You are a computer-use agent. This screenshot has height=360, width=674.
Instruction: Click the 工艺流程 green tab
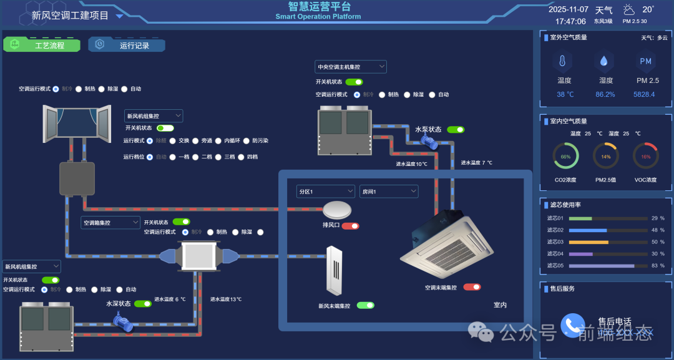coord(42,45)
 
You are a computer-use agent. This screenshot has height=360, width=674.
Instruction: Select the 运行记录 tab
coord(127,45)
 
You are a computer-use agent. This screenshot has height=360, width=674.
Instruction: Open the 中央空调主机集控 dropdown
coord(351,67)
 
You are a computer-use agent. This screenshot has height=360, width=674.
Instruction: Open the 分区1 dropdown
coord(326,192)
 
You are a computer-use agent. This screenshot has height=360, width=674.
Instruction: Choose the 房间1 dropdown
coord(388,192)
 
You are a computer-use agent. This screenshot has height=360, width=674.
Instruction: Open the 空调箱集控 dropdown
coord(110,223)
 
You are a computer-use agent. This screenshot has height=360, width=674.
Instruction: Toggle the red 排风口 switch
coord(350,226)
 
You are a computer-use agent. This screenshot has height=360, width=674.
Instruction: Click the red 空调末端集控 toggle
coord(472,287)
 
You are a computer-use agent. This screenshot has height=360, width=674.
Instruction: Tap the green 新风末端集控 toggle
coord(366,306)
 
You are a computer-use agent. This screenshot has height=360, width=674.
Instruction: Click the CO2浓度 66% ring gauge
coord(565,156)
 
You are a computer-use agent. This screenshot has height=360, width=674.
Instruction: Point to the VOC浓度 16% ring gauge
coord(645,156)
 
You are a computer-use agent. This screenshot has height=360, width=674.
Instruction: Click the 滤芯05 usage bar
coord(608,266)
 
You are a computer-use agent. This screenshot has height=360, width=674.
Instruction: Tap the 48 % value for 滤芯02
coord(657,230)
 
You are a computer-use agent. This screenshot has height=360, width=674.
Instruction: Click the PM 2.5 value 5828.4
coord(645,95)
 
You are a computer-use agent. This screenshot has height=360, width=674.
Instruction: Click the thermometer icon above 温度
coord(562,61)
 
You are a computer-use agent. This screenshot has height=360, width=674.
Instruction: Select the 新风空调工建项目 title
coord(70,16)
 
